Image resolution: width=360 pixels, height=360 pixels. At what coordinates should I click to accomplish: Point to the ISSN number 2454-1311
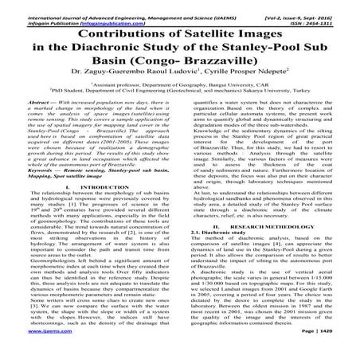(335, 14)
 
